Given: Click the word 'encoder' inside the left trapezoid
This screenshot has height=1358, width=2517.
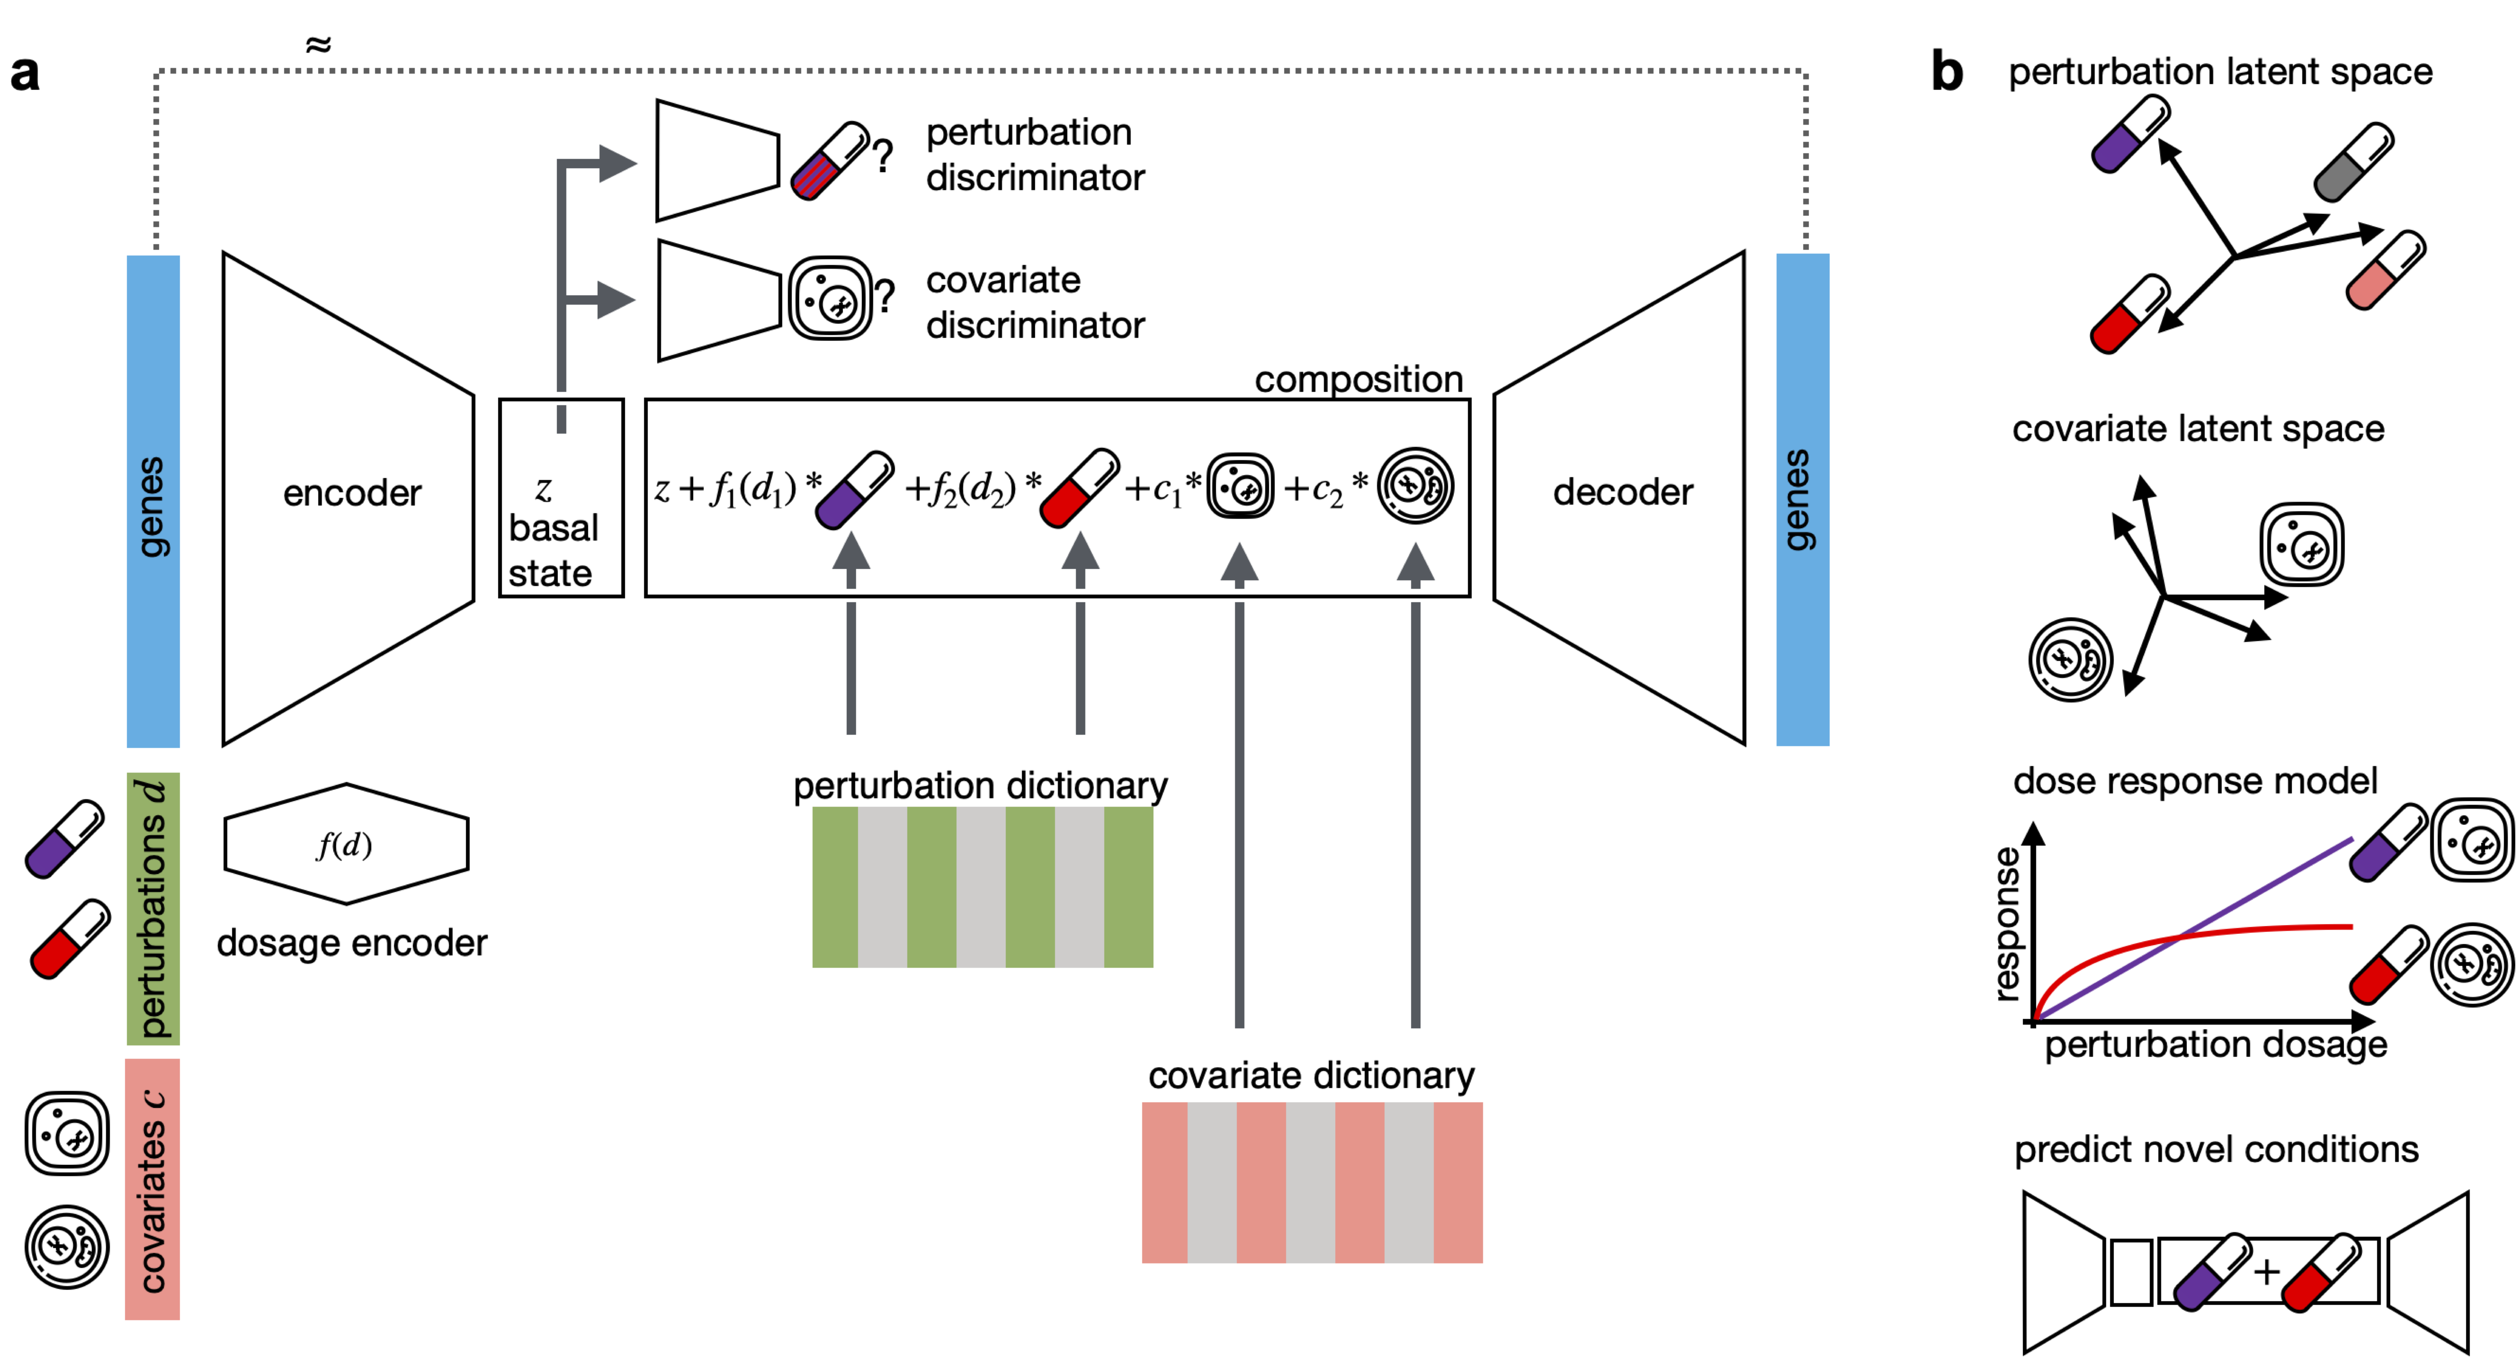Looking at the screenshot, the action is (x=352, y=493).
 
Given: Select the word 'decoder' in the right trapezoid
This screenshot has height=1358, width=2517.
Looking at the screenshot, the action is (x=1623, y=492).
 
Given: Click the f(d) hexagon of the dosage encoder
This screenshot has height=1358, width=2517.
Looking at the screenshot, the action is (x=346, y=844).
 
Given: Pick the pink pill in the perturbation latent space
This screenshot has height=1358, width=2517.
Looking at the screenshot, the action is (x=2386, y=270).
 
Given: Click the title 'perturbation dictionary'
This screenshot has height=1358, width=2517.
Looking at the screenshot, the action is (x=980, y=786).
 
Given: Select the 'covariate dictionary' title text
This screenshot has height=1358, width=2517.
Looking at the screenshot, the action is (x=1311, y=1076).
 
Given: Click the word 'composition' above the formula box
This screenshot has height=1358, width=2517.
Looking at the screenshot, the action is (x=1358, y=379).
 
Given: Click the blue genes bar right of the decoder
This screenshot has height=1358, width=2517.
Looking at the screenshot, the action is (x=1803, y=499).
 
